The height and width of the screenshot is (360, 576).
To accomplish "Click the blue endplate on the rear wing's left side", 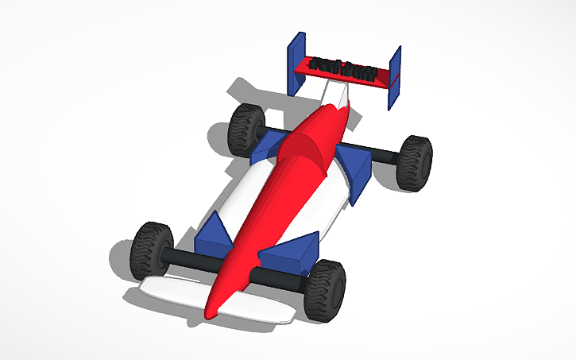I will click(x=296, y=62).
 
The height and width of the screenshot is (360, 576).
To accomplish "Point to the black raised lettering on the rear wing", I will click(x=343, y=69).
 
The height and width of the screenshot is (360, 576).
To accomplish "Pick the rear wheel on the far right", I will click(x=414, y=162).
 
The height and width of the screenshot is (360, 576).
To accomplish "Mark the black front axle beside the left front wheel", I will click(x=187, y=259).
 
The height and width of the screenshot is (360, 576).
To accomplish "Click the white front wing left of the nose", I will click(x=171, y=290).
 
